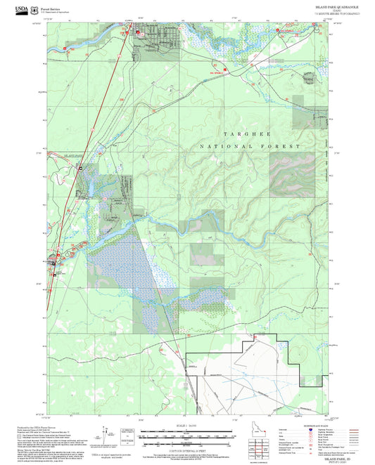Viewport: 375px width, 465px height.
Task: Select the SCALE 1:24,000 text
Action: click(188, 424)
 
